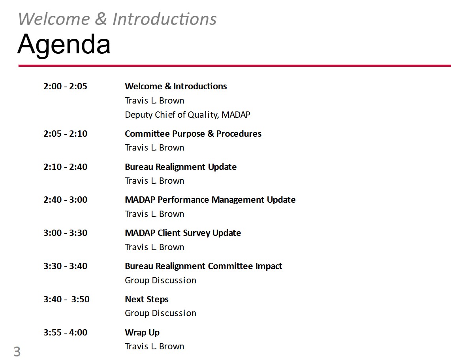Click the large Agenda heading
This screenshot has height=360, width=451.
tap(64, 44)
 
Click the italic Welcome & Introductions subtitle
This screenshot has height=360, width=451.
tap(117, 19)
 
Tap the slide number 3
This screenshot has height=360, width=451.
tap(17, 352)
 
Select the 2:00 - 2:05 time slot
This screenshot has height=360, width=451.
tap(65, 86)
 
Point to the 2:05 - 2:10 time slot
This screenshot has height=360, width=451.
tap(65, 134)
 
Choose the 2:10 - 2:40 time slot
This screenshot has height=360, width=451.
tap(65, 167)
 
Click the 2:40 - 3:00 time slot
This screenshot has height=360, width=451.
tap(65, 200)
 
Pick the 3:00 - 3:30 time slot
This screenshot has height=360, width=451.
tap(65, 233)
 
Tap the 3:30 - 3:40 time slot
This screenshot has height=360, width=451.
tap(65, 266)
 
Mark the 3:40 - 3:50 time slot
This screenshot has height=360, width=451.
tap(66, 299)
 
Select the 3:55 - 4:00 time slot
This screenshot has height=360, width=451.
tap(65, 332)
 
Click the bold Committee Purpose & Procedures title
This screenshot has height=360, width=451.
tap(193, 134)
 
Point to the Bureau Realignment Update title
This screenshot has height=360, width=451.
tap(180, 167)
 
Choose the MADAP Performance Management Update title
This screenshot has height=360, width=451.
tap(210, 200)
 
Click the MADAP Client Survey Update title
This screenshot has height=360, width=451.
tap(183, 233)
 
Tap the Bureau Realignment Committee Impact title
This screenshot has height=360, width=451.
tap(203, 266)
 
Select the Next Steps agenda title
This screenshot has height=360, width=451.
tap(147, 300)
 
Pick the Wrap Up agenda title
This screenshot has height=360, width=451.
tap(142, 333)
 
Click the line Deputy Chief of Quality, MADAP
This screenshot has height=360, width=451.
tap(188, 115)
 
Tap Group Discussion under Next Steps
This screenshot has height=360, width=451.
tap(160, 313)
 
